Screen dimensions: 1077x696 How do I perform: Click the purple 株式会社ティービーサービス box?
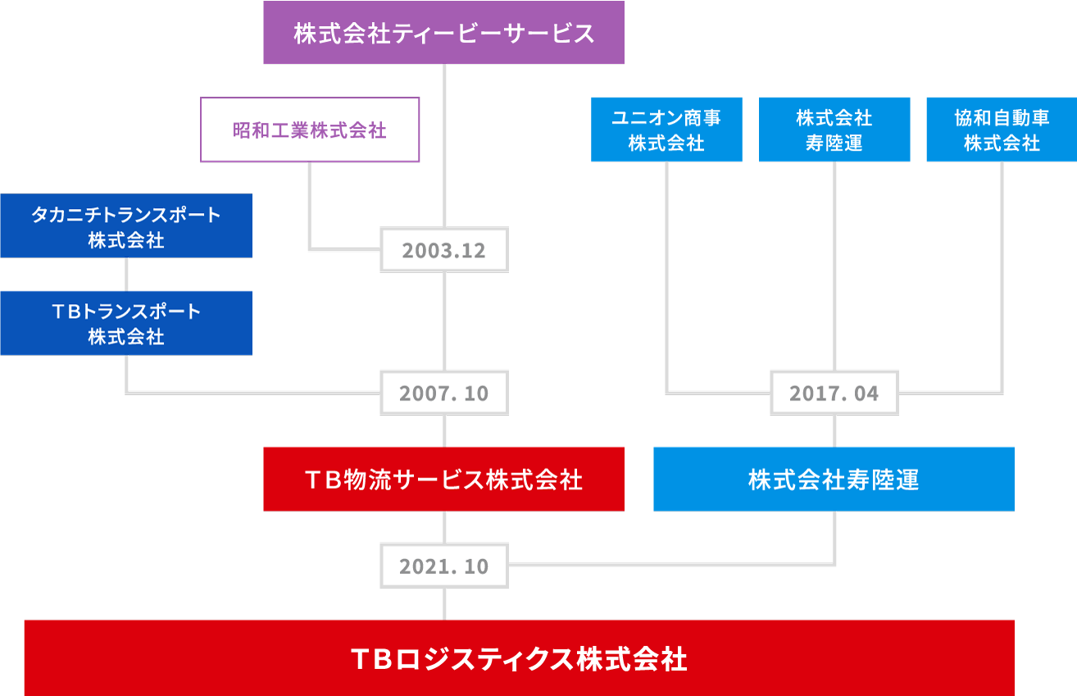click(x=443, y=32)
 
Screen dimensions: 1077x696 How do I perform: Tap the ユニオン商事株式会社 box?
click(x=666, y=130)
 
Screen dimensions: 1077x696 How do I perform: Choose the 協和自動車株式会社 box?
click(x=1002, y=130)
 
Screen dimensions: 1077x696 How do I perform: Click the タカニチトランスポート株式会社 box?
click(x=126, y=225)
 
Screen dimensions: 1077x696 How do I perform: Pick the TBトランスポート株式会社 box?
click(x=126, y=323)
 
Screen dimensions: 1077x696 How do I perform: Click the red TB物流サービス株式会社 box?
click(x=443, y=479)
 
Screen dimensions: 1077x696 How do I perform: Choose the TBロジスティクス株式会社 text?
click(x=519, y=659)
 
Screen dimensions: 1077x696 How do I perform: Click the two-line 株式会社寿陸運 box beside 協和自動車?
click(x=834, y=130)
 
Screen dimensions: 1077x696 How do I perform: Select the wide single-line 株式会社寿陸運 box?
click(x=834, y=479)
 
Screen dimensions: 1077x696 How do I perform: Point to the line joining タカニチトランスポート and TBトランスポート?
click(x=126, y=275)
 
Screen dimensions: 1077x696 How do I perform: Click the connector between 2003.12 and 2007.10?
click(x=444, y=322)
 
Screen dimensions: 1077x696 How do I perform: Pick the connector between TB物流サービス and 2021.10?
click(x=444, y=528)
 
